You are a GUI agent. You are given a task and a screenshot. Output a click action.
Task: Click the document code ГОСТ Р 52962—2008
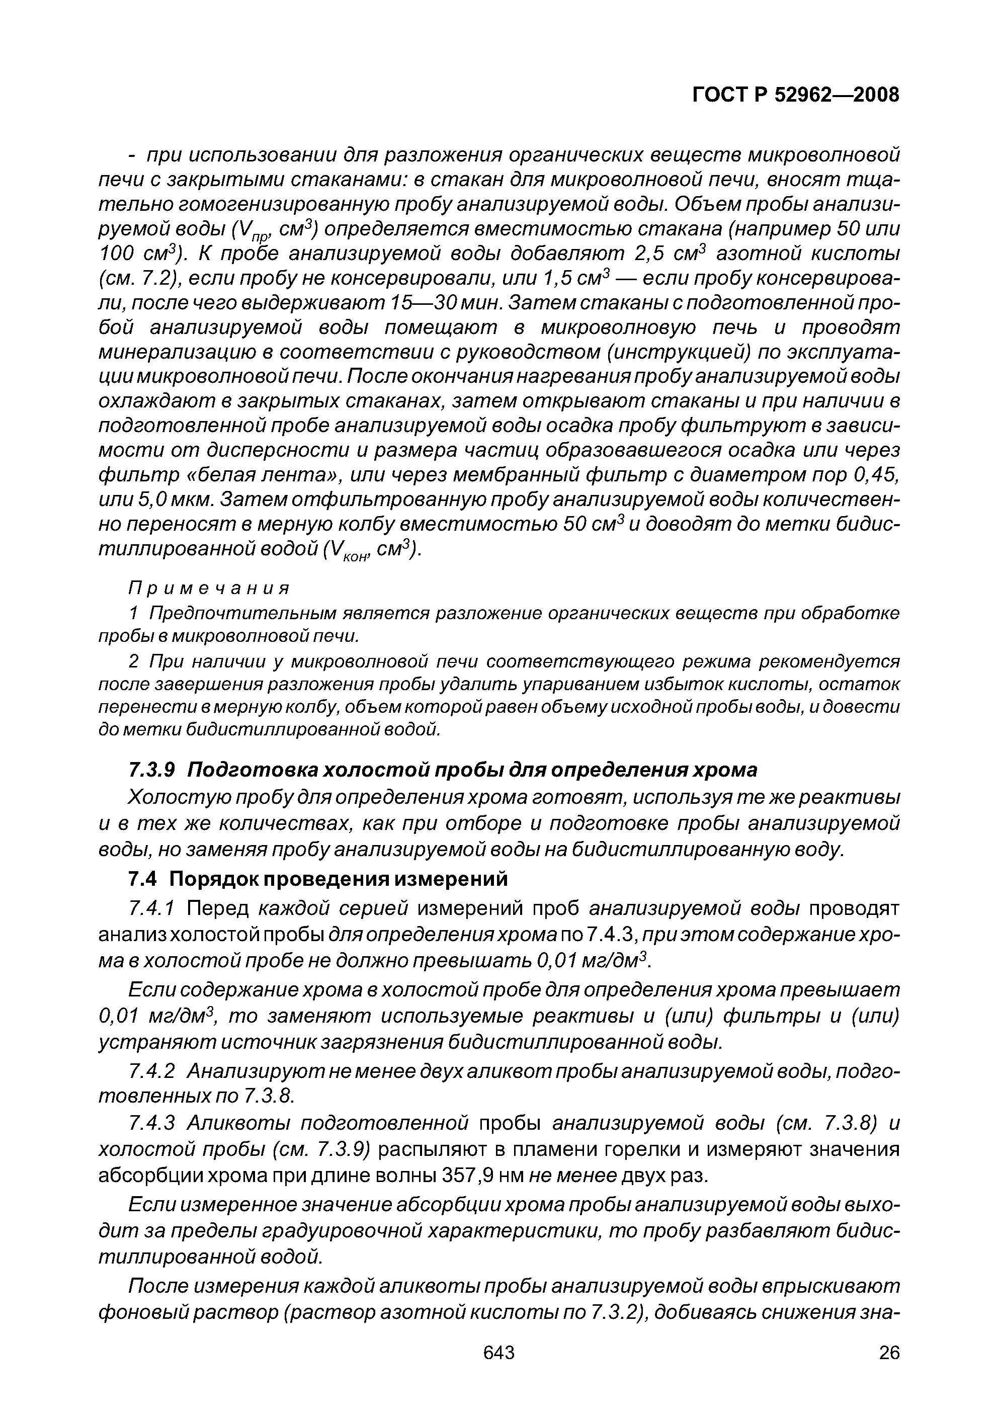[795, 95]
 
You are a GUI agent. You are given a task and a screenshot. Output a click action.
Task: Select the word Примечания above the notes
[209, 588]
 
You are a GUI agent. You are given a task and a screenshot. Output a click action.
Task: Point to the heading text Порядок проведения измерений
[339, 879]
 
